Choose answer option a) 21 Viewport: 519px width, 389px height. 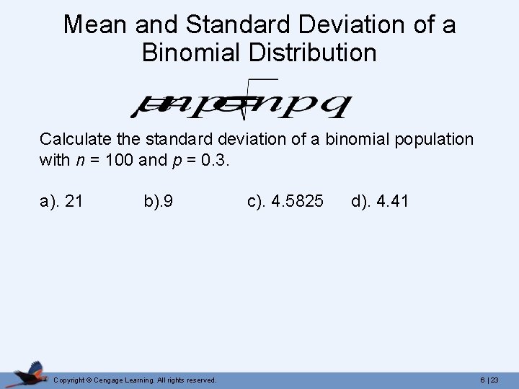[x=61, y=201]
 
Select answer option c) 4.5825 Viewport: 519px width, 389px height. [x=285, y=201]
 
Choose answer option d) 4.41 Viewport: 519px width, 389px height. [x=380, y=201]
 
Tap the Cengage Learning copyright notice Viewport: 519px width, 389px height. [x=135, y=380]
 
